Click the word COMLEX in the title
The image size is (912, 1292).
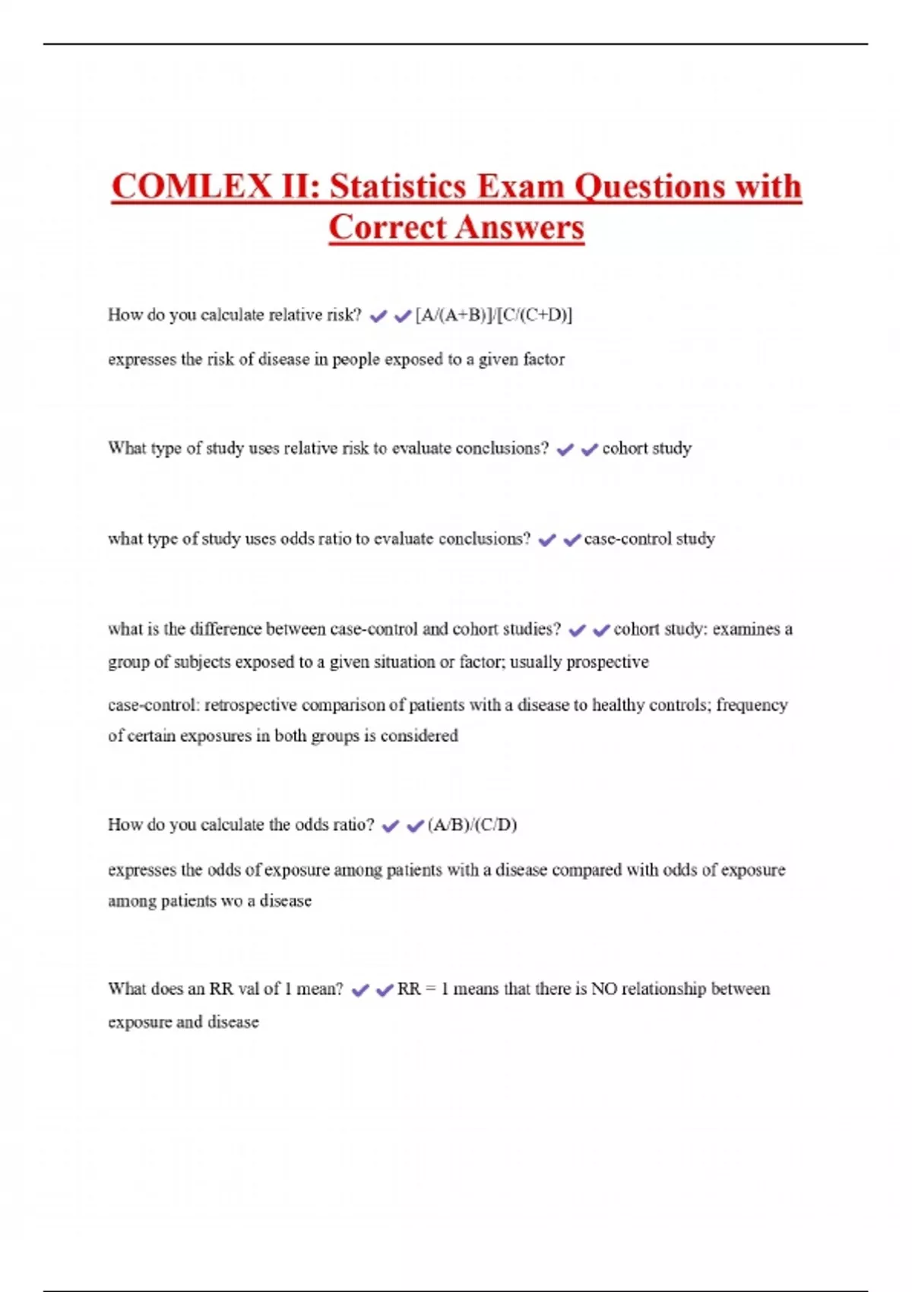(x=191, y=187)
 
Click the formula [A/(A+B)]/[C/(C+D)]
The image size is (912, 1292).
(x=494, y=315)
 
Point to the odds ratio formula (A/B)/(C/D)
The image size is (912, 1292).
(x=472, y=825)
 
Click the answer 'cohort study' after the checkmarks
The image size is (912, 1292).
(x=647, y=448)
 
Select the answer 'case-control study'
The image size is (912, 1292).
(x=649, y=539)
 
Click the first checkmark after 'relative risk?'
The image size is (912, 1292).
(x=378, y=316)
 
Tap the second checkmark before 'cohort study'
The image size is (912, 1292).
(x=589, y=450)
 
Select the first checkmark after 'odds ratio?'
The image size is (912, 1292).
(x=390, y=826)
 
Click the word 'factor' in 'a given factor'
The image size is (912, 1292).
(x=543, y=359)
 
